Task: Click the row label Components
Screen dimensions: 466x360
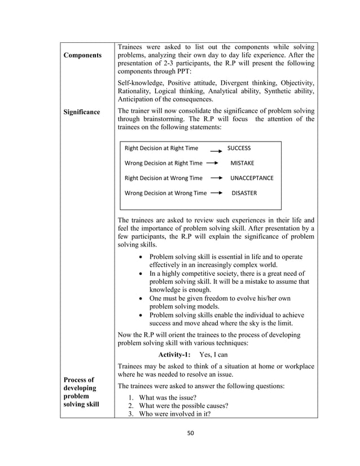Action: [82, 55]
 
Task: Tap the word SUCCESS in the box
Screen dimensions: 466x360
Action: [239, 148]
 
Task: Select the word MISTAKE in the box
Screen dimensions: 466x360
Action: [242, 163]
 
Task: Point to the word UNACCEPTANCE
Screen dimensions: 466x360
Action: [252, 178]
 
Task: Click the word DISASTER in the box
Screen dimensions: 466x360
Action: [244, 193]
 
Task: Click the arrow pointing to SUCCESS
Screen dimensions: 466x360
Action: [215, 150]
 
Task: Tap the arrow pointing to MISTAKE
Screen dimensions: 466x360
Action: [213, 163]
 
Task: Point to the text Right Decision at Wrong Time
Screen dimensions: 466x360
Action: [163, 178]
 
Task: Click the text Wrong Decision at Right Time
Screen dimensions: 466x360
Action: [163, 163]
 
